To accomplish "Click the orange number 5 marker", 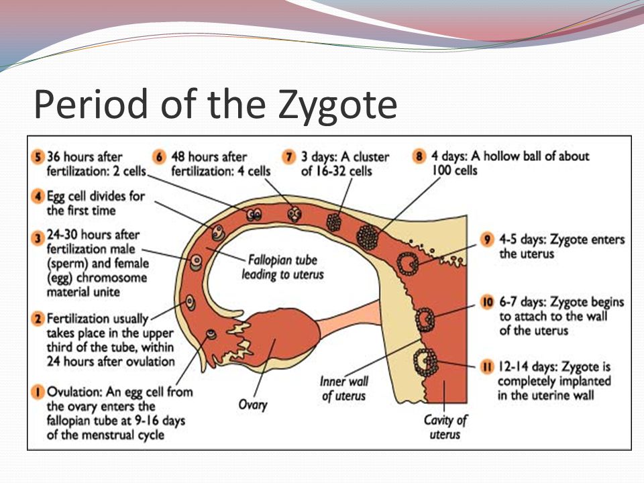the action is pyautogui.click(x=38, y=157).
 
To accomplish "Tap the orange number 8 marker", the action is pyautogui.click(x=419, y=156).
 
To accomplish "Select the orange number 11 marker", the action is pyautogui.click(x=487, y=366).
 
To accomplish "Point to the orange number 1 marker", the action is pyautogui.click(x=38, y=392).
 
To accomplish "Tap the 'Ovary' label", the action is pyautogui.click(x=253, y=405).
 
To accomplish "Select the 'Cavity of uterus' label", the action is pyautogui.click(x=445, y=427).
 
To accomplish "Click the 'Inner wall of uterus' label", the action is pyautogui.click(x=344, y=388).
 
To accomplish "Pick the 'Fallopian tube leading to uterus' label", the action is pyautogui.click(x=282, y=268).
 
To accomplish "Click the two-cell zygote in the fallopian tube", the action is pyautogui.click(x=254, y=215).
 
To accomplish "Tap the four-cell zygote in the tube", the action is pyautogui.click(x=294, y=214).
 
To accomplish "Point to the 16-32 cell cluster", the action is pyautogui.click(x=334, y=222).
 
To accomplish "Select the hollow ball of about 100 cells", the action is pyautogui.click(x=367, y=237).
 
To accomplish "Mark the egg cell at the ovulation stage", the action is pyautogui.click(x=211, y=334).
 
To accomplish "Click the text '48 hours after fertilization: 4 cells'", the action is pyautogui.click(x=221, y=164).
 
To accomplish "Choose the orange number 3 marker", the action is pyautogui.click(x=38, y=238).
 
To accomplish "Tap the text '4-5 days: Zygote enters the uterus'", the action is pyautogui.click(x=562, y=246).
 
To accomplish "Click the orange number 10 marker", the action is pyautogui.click(x=487, y=303).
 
